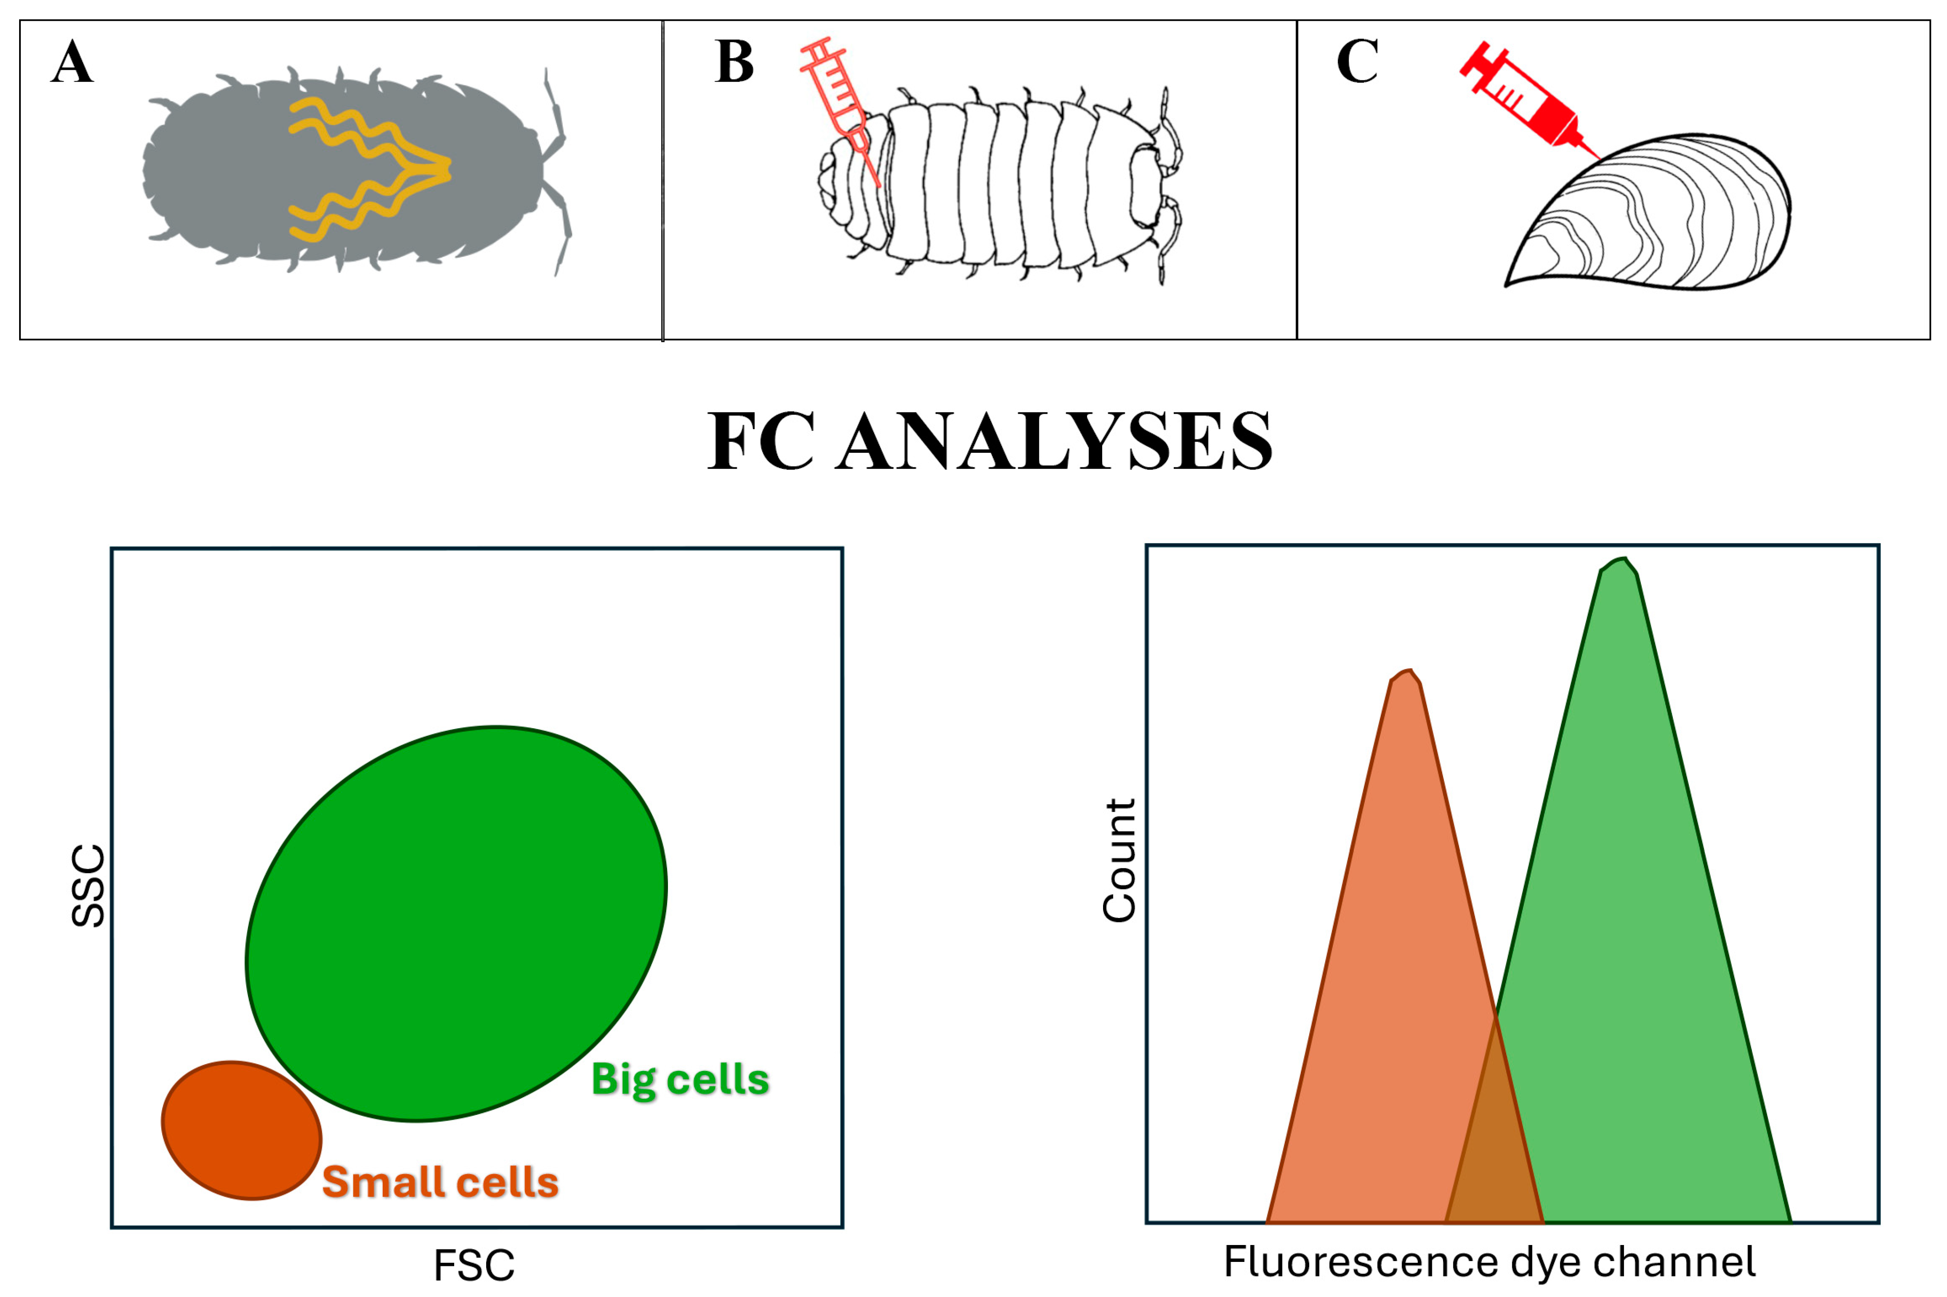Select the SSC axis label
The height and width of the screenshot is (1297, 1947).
(x=88, y=885)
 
